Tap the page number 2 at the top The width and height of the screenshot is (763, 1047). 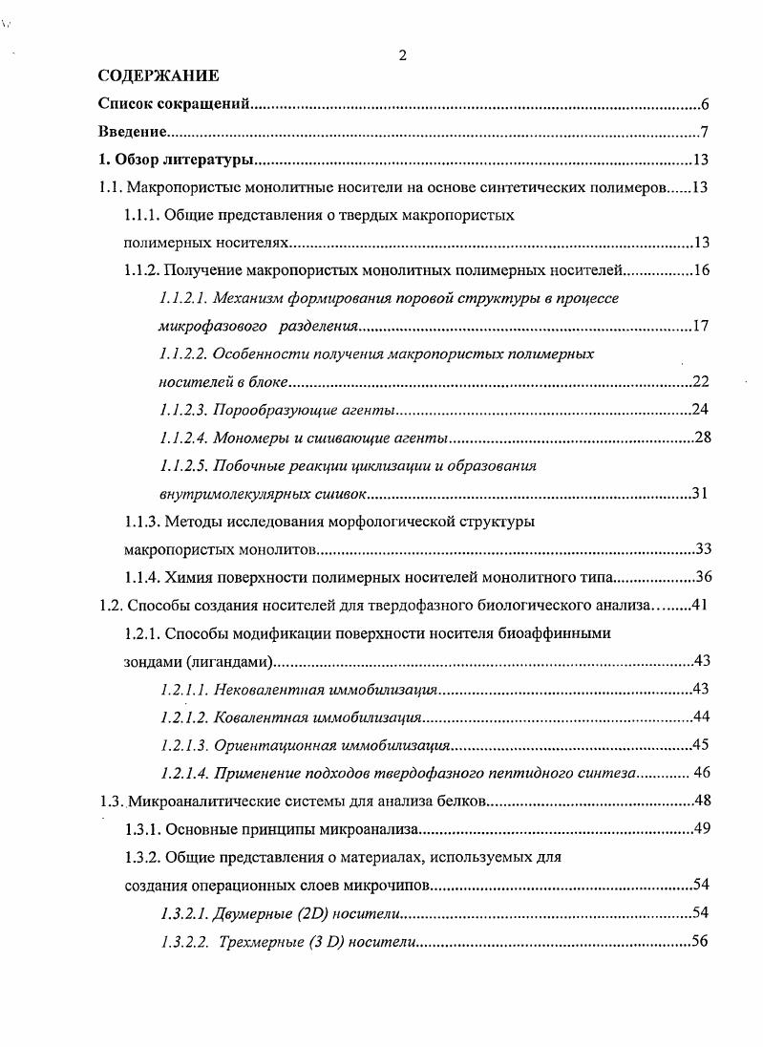pos(402,55)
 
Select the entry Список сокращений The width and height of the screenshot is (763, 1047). pos(174,104)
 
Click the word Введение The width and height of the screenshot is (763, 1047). pos(134,132)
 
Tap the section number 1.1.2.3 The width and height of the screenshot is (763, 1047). pos(182,410)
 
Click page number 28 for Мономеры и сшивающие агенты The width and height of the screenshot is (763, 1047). pos(700,438)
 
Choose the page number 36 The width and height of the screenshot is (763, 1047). pos(700,577)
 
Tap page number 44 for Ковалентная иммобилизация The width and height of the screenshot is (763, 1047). pos(700,716)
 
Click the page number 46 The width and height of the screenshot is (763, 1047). pos(700,773)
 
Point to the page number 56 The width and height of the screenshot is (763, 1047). pos(700,941)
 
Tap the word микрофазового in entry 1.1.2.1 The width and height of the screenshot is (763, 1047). pos(204,327)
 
